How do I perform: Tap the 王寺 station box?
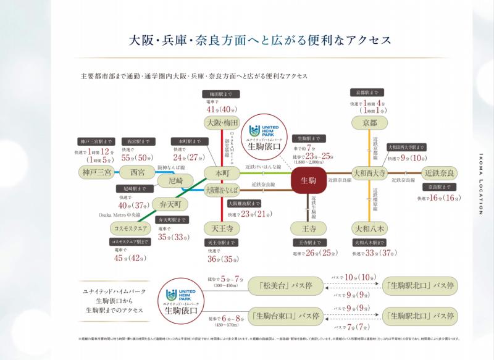pyautogui.click(x=307, y=228)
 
